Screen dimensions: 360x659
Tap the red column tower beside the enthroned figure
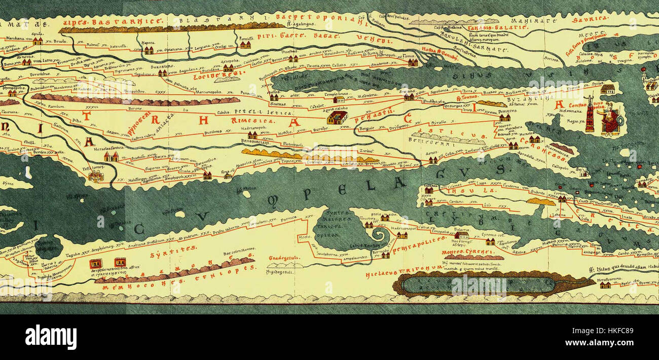point(590,116)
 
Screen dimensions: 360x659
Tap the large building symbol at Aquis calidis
point(337,118)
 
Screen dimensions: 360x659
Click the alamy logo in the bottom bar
point(51,337)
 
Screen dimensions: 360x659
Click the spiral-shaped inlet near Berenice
point(379,235)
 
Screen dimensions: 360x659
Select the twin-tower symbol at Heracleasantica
point(111,157)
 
